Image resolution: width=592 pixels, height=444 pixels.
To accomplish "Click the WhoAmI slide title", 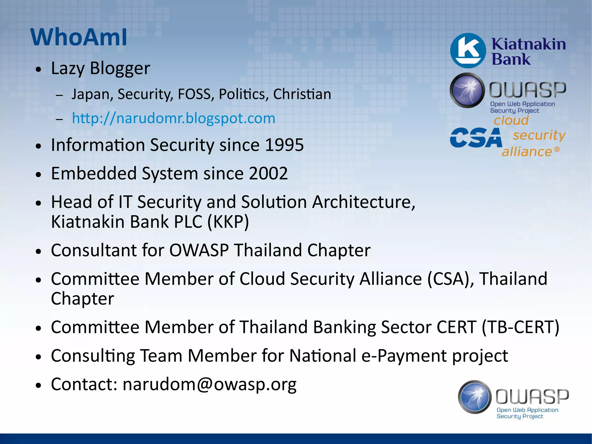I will point(79,37).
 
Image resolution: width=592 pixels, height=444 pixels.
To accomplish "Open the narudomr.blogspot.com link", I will point(173,118).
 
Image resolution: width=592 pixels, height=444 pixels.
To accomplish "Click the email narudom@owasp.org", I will point(209,384).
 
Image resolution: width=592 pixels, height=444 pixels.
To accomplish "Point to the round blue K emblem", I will point(468,51).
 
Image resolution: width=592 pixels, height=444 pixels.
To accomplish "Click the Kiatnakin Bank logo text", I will point(528,51).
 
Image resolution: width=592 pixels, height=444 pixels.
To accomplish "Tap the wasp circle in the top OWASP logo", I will point(467,90).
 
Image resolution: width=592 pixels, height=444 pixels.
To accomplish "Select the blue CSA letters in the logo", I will point(476,138).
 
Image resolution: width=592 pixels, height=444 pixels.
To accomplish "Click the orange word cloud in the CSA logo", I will point(511,120).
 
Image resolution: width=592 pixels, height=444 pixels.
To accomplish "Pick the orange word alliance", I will point(527,152).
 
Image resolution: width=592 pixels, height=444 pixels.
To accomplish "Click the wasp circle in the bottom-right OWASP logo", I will point(475,397).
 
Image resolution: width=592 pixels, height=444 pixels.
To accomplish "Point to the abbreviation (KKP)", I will point(228,222).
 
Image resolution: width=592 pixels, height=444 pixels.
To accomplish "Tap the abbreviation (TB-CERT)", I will point(520,327).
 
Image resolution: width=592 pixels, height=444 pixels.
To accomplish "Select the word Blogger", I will point(120,69).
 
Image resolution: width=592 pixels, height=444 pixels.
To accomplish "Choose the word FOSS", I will point(194,94).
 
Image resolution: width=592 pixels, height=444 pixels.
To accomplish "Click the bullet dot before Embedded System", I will point(38,174).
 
